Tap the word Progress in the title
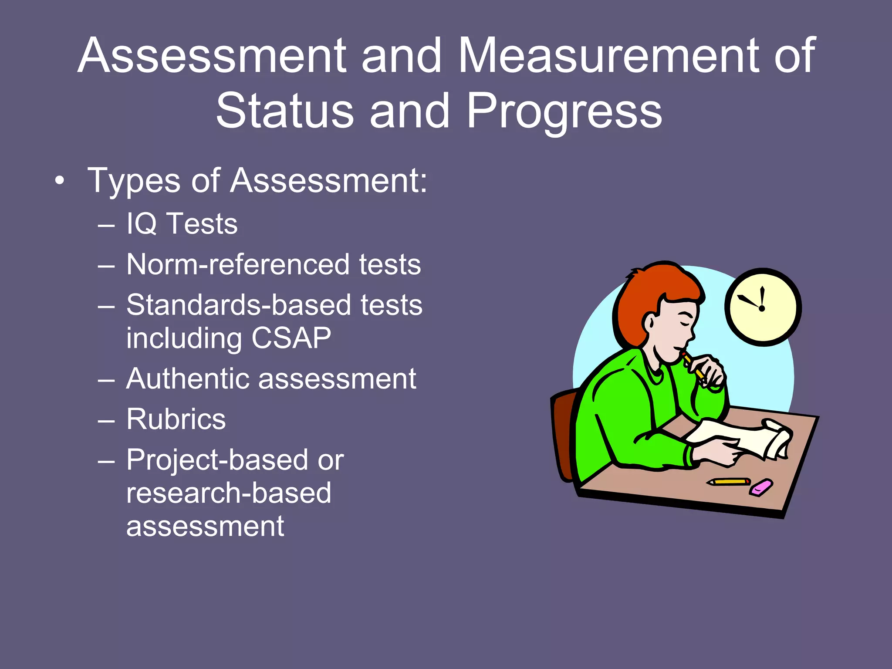pos(564,112)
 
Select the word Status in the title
pos(285,111)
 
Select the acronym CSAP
pos(291,338)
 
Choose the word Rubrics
pos(176,419)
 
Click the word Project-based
pos(216,460)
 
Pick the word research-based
pos(229,493)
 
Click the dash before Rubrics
pos(106,421)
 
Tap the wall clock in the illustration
pos(763,307)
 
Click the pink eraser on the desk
pos(761,487)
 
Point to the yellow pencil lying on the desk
pos(728,482)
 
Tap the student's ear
pos(649,323)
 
